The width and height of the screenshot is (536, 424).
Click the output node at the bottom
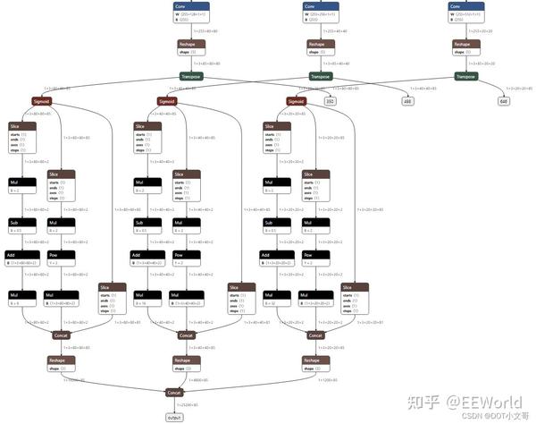174,418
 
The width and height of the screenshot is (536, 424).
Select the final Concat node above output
174,392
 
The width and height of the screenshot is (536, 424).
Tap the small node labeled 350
330,101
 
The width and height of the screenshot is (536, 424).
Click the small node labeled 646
504,101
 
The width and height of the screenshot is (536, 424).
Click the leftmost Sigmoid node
41,101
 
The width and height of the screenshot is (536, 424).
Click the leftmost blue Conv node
191,6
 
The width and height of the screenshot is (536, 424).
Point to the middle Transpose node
321,77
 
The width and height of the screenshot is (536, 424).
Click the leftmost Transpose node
191,77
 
